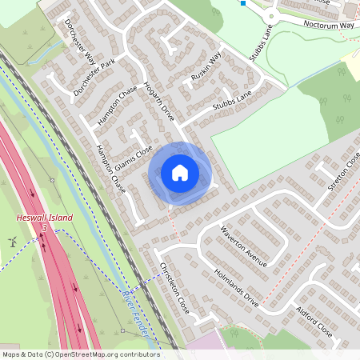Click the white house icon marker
point(180,172)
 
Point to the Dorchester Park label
point(94,78)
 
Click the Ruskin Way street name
point(206,69)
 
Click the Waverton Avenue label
point(245,246)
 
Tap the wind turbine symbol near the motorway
point(11,241)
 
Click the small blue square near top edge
point(242,3)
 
